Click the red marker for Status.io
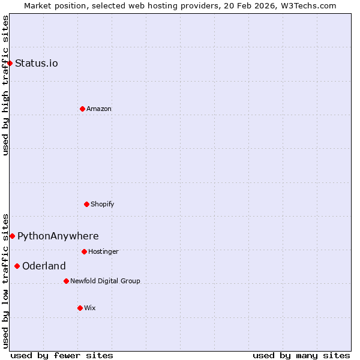tap(10, 63)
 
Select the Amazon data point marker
tap(82, 109)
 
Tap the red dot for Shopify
tap(86, 204)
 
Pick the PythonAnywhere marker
tap(12, 236)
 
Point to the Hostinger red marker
tap(84, 251)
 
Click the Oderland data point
tap(17, 266)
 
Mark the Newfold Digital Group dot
tap(66, 281)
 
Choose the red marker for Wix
tap(80, 308)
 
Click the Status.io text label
tap(37, 63)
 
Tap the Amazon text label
tap(99, 109)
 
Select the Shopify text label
tap(103, 204)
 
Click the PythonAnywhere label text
tap(58, 236)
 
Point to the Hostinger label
tap(103, 251)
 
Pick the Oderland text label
tap(44, 266)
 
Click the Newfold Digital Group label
tap(105, 281)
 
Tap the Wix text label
tap(90, 308)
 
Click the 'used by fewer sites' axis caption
tap(62, 355)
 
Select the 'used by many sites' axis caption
tap(301, 355)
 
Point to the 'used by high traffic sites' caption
tap(5, 85)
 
